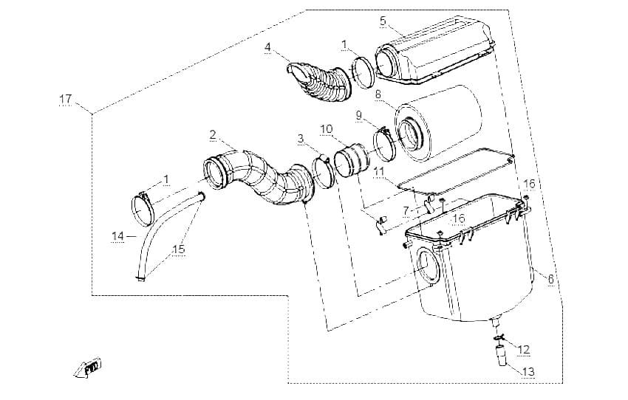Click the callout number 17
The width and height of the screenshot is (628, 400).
coord(65,99)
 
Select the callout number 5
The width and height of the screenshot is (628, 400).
coord(383,21)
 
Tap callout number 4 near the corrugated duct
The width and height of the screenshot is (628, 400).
coord(267,47)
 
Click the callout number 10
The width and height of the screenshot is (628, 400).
coord(327,129)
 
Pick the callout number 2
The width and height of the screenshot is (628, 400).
coord(213,134)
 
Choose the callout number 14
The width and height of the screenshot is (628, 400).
coord(118,236)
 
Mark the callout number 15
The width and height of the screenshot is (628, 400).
coord(179,249)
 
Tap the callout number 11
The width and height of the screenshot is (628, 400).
coord(379,172)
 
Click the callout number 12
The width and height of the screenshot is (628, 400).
coord(524,350)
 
